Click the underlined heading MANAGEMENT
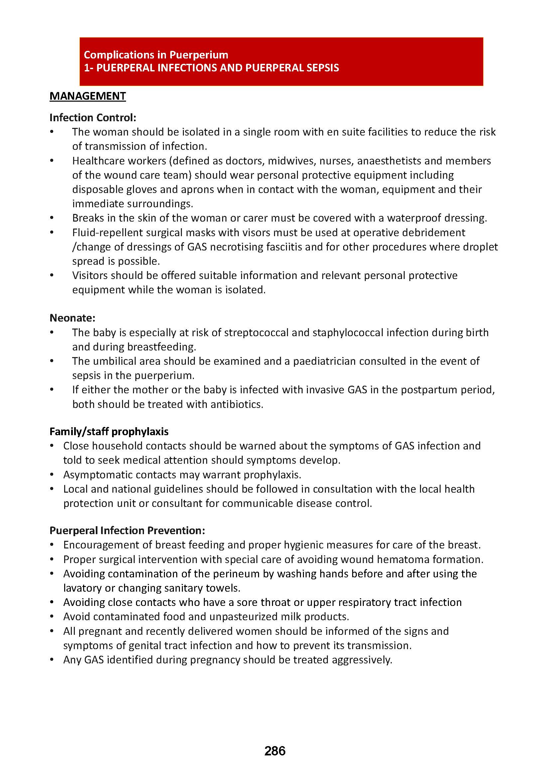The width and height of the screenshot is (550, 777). [x=88, y=96]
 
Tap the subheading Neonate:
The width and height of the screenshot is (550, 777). [x=72, y=318]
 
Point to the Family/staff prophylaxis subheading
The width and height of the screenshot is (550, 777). [x=109, y=432]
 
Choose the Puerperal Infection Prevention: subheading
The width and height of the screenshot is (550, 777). [x=127, y=530]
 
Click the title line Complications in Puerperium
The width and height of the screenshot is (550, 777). [x=156, y=55]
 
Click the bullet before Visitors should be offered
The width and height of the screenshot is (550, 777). [x=52, y=275]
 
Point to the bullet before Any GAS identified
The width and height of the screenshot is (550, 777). [x=52, y=660]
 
